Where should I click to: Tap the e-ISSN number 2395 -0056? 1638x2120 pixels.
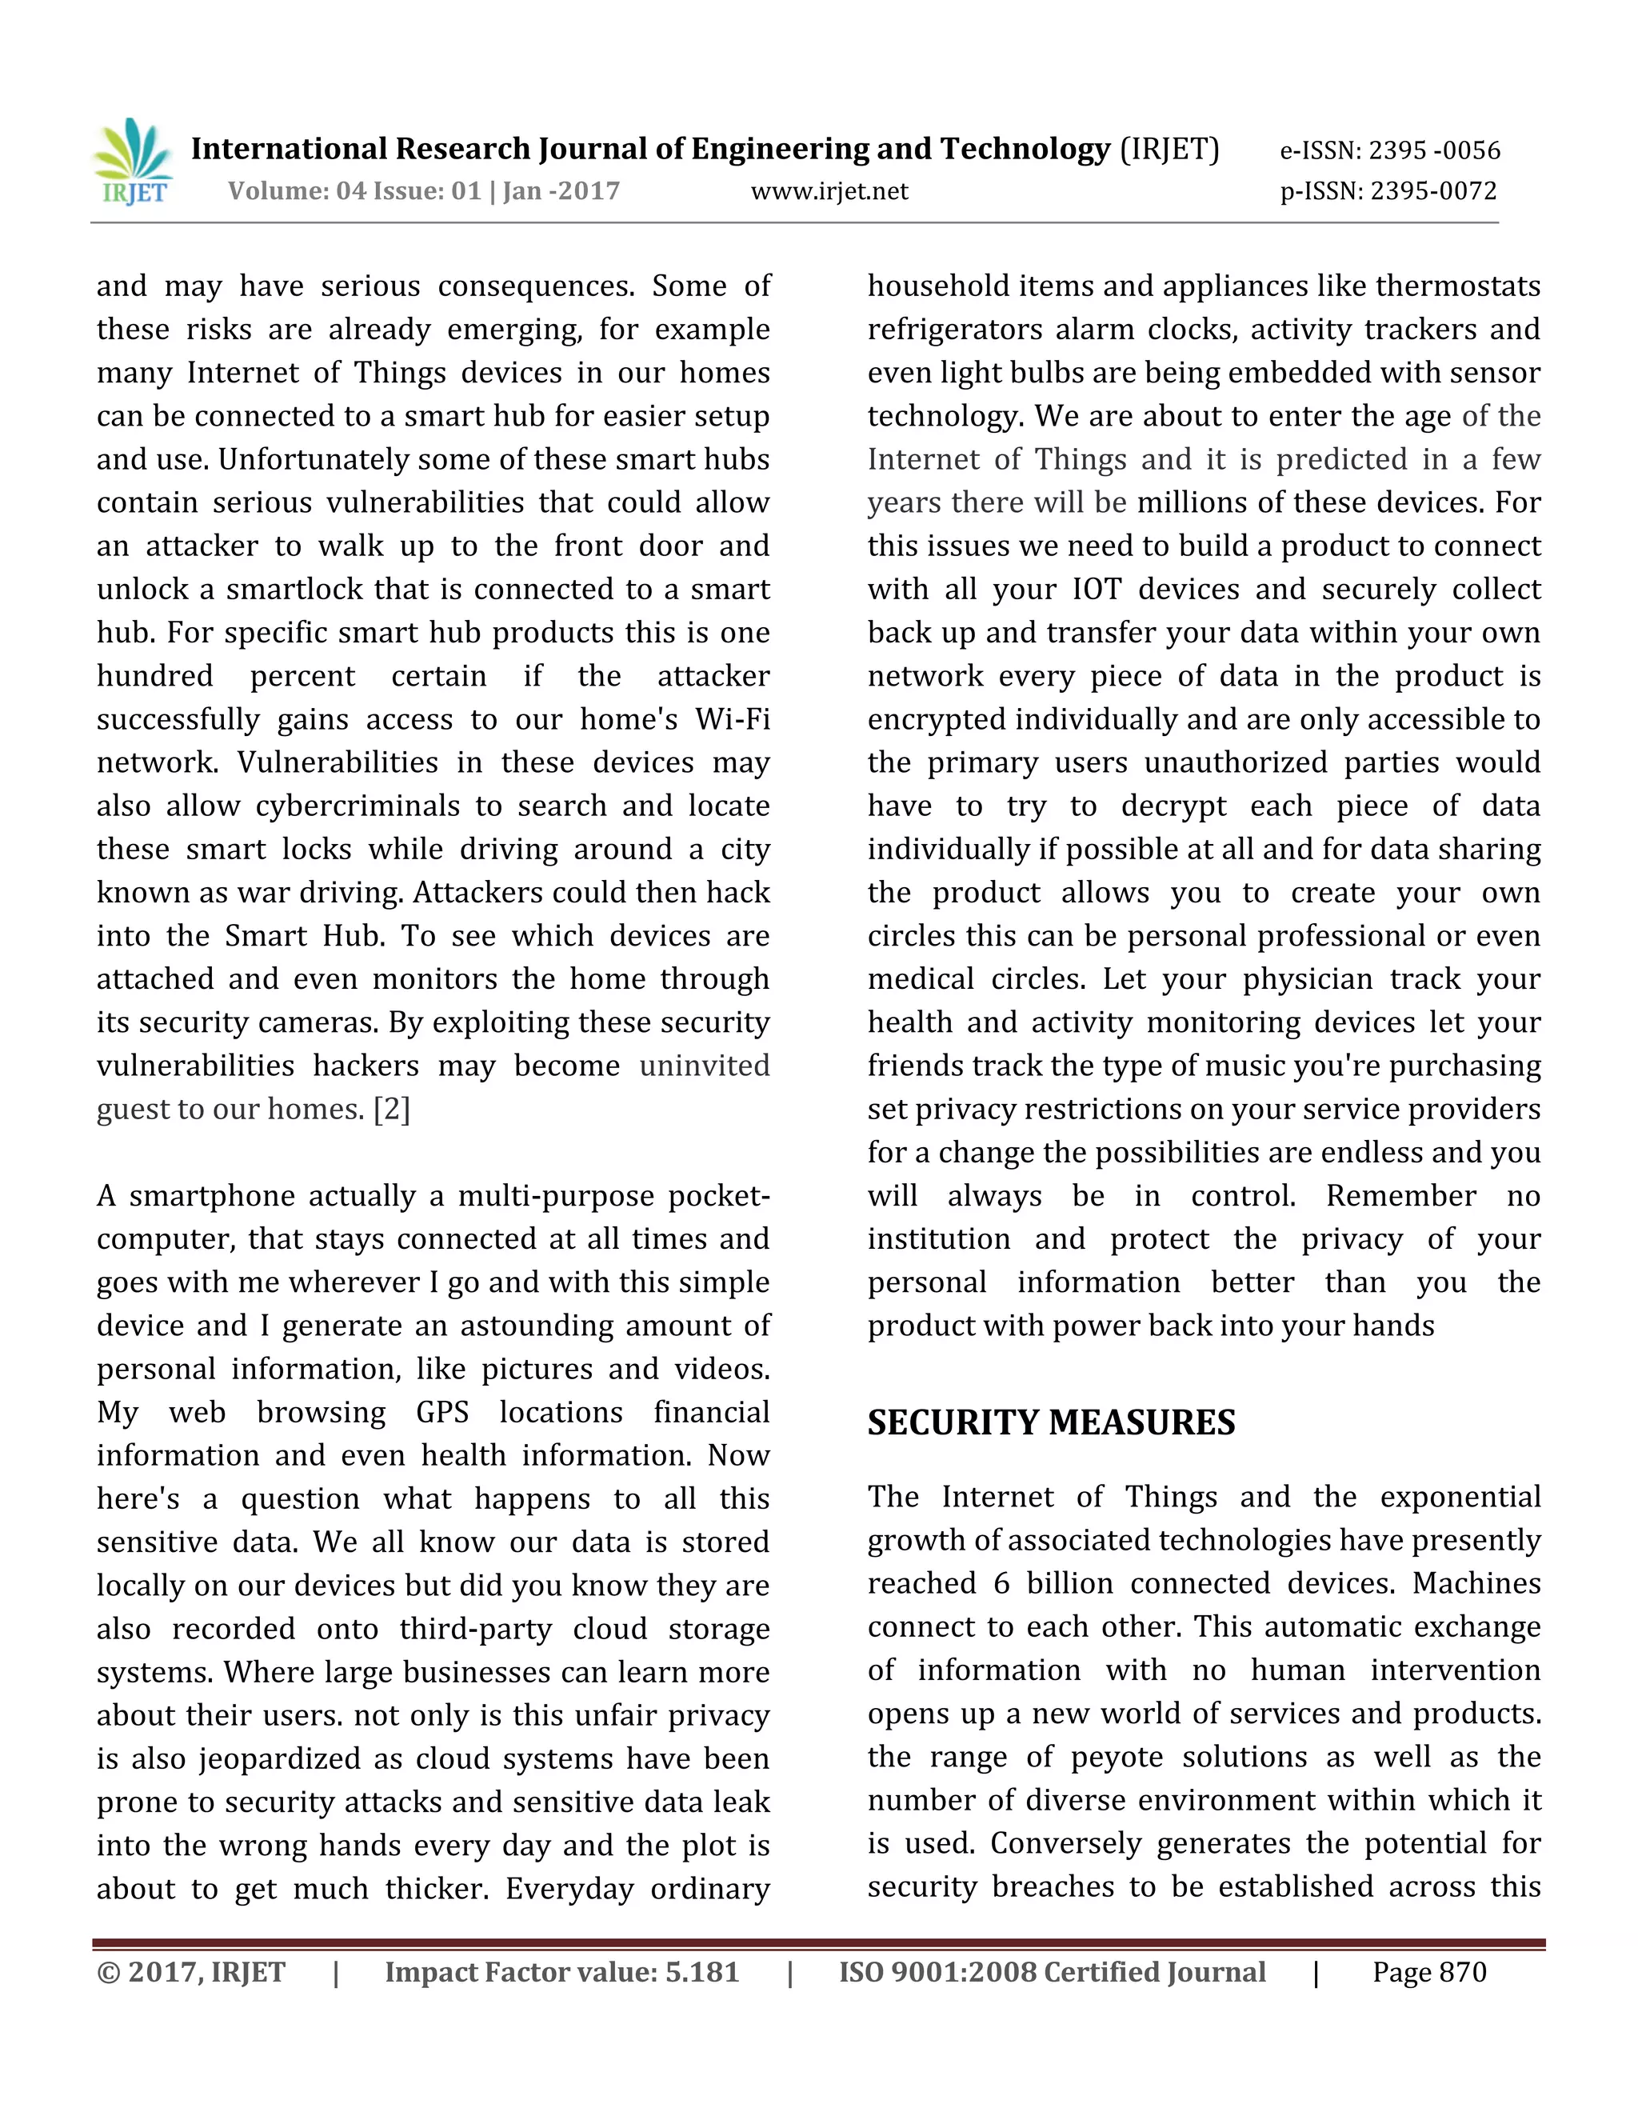point(1434,150)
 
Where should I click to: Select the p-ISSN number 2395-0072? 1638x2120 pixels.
point(1434,191)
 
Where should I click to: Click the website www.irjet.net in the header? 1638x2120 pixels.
point(829,191)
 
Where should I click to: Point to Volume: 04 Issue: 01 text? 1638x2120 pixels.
point(355,191)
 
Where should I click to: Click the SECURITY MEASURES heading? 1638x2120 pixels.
point(1051,1423)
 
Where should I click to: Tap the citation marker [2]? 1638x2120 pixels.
point(392,1110)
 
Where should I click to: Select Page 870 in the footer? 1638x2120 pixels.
point(1428,1973)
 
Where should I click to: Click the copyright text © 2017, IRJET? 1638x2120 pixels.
point(191,1973)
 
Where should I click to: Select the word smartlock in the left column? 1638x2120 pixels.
point(292,590)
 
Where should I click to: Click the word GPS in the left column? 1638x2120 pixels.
point(442,1412)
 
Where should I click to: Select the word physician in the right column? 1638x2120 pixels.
point(1307,979)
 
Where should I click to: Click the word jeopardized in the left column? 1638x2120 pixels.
point(298,1759)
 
